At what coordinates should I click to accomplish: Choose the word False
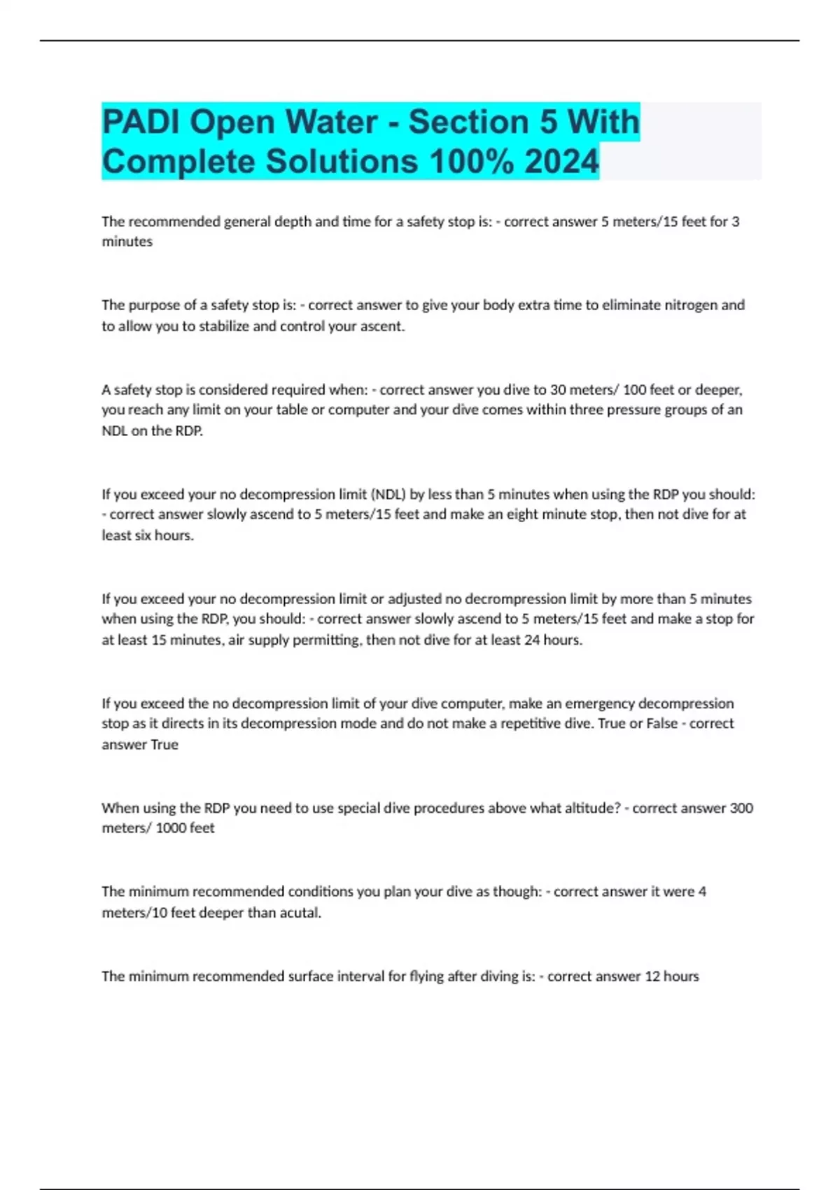point(661,724)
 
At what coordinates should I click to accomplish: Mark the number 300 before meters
point(741,808)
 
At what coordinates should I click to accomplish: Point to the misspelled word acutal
point(299,913)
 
